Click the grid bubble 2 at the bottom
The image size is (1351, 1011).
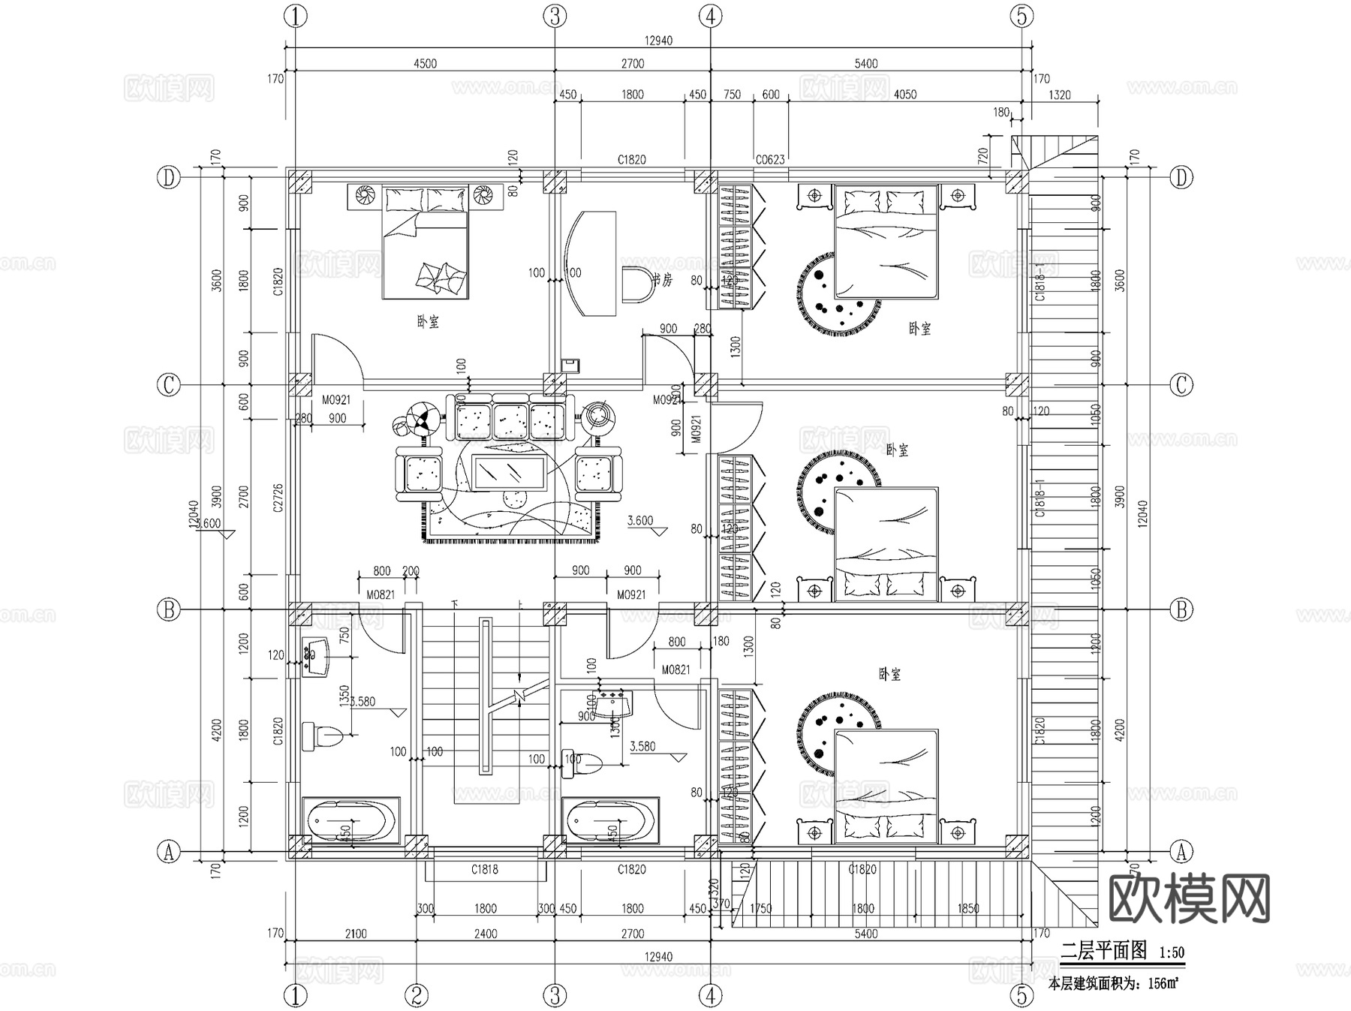pyautogui.click(x=417, y=996)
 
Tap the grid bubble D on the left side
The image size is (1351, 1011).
pyautogui.click(x=169, y=178)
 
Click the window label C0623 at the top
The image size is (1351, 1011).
pyautogui.click(x=769, y=159)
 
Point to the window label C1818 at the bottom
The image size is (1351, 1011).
pyautogui.click(x=485, y=869)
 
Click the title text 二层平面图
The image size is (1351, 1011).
pyautogui.click(x=1103, y=950)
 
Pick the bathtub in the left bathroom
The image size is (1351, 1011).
pyautogui.click(x=350, y=820)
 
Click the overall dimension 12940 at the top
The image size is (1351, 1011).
pyautogui.click(x=658, y=41)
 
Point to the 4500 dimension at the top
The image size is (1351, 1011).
pyautogui.click(x=425, y=64)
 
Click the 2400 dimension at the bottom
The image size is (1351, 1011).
pyautogui.click(x=486, y=934)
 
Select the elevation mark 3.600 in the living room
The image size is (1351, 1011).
pyautogui.click(x=640, y=520)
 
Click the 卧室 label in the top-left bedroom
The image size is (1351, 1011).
pyautogui.click(x=428, y=322)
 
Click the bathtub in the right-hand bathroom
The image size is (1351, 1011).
pyautogui.click(x=609, y=820)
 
